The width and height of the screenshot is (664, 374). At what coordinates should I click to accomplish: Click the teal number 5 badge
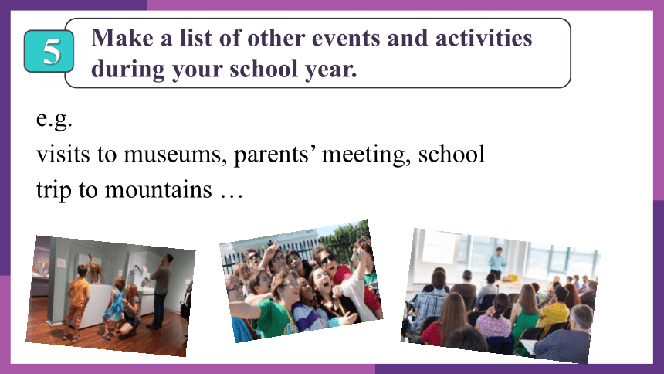49,51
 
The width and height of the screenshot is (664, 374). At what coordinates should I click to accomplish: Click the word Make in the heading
123,38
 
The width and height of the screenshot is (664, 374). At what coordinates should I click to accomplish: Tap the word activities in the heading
483,38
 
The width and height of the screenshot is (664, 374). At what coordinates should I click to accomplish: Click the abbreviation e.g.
54,119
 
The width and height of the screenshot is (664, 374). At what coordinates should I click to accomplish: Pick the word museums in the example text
173,155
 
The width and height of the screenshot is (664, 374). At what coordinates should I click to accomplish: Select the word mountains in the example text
158,189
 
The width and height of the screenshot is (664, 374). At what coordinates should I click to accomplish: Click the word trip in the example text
53,190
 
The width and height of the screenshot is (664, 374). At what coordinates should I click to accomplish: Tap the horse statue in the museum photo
95,269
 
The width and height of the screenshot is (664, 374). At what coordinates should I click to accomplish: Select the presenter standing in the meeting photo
496,263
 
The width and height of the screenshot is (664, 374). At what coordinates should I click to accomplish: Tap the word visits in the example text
63,155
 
